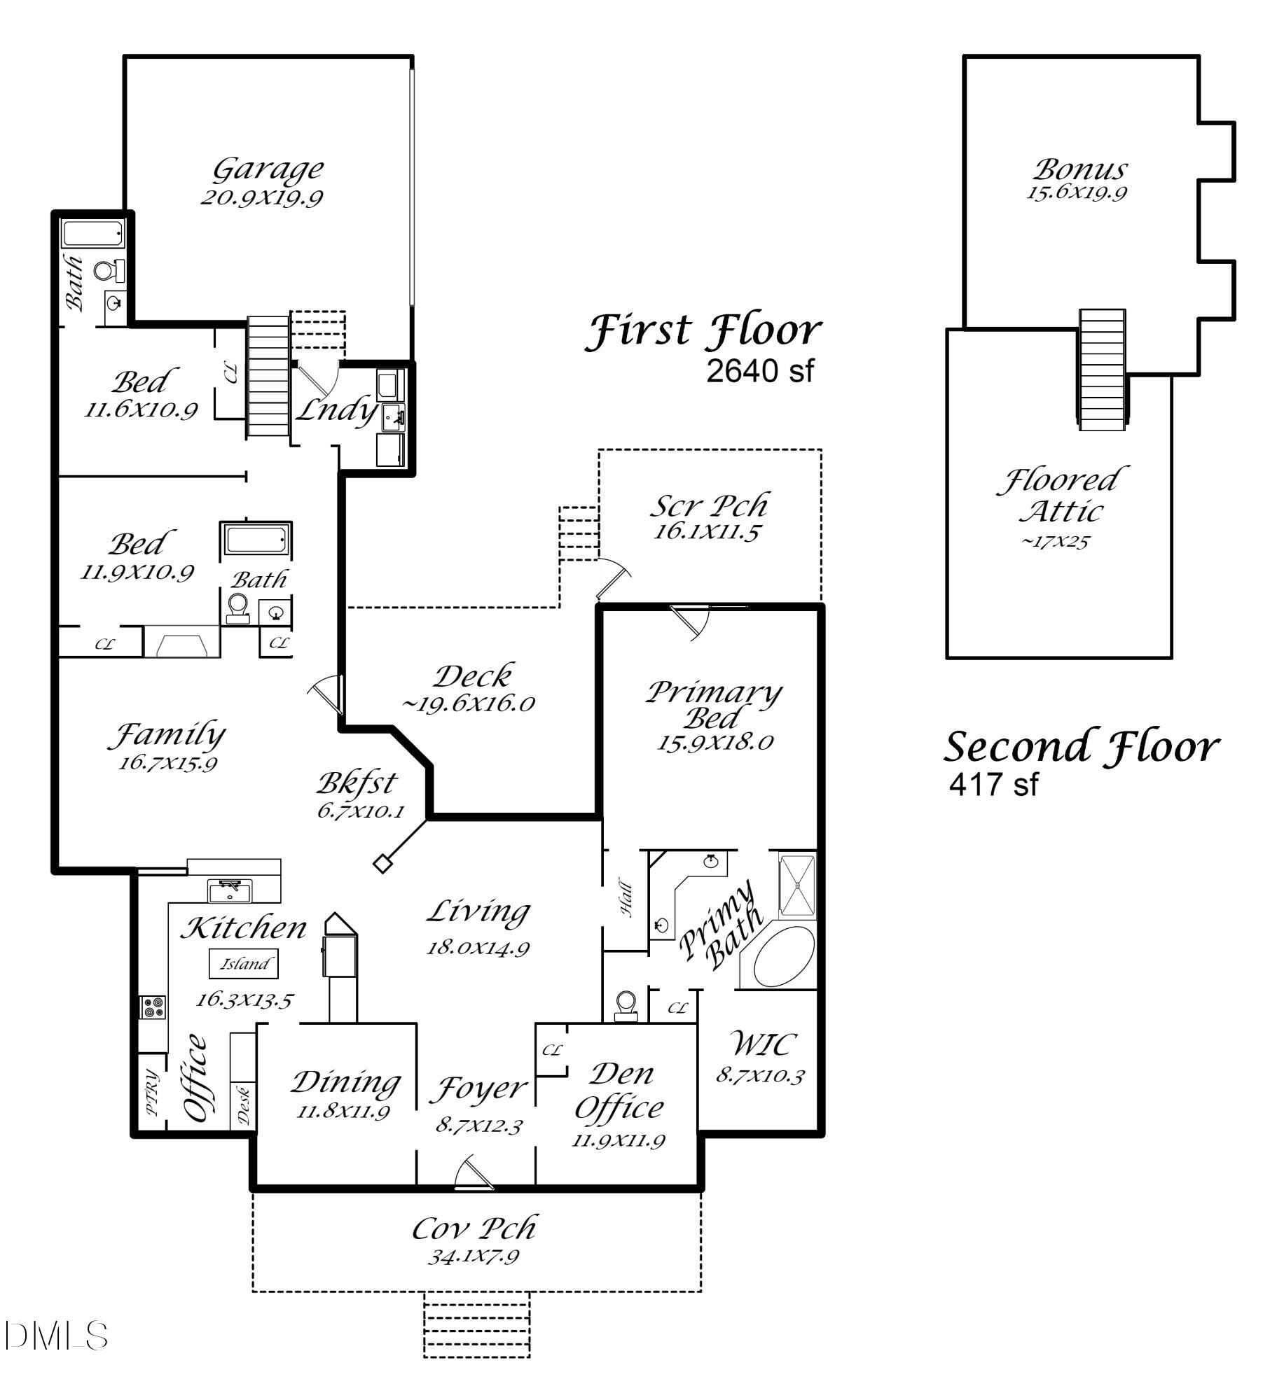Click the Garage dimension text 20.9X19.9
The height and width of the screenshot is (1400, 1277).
[x=261, y=197]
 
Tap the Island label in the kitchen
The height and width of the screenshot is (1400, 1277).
[x=244, y=964]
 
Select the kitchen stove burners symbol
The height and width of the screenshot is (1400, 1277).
[x=153, y=1008]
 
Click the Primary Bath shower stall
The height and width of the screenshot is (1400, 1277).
[x=798, y=885]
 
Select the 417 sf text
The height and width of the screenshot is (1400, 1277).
[x=993, y=783]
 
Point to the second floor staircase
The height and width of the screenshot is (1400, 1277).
[x=1102, y=370]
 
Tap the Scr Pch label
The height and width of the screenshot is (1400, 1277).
[x=711, y=505]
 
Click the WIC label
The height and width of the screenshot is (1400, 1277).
[x=763, y=1044]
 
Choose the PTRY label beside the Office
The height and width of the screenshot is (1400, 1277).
[x=152, y=1093]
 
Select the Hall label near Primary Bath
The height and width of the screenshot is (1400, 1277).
[x=626, y=899]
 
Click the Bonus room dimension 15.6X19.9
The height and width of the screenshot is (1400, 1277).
[x=1077, y=192]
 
